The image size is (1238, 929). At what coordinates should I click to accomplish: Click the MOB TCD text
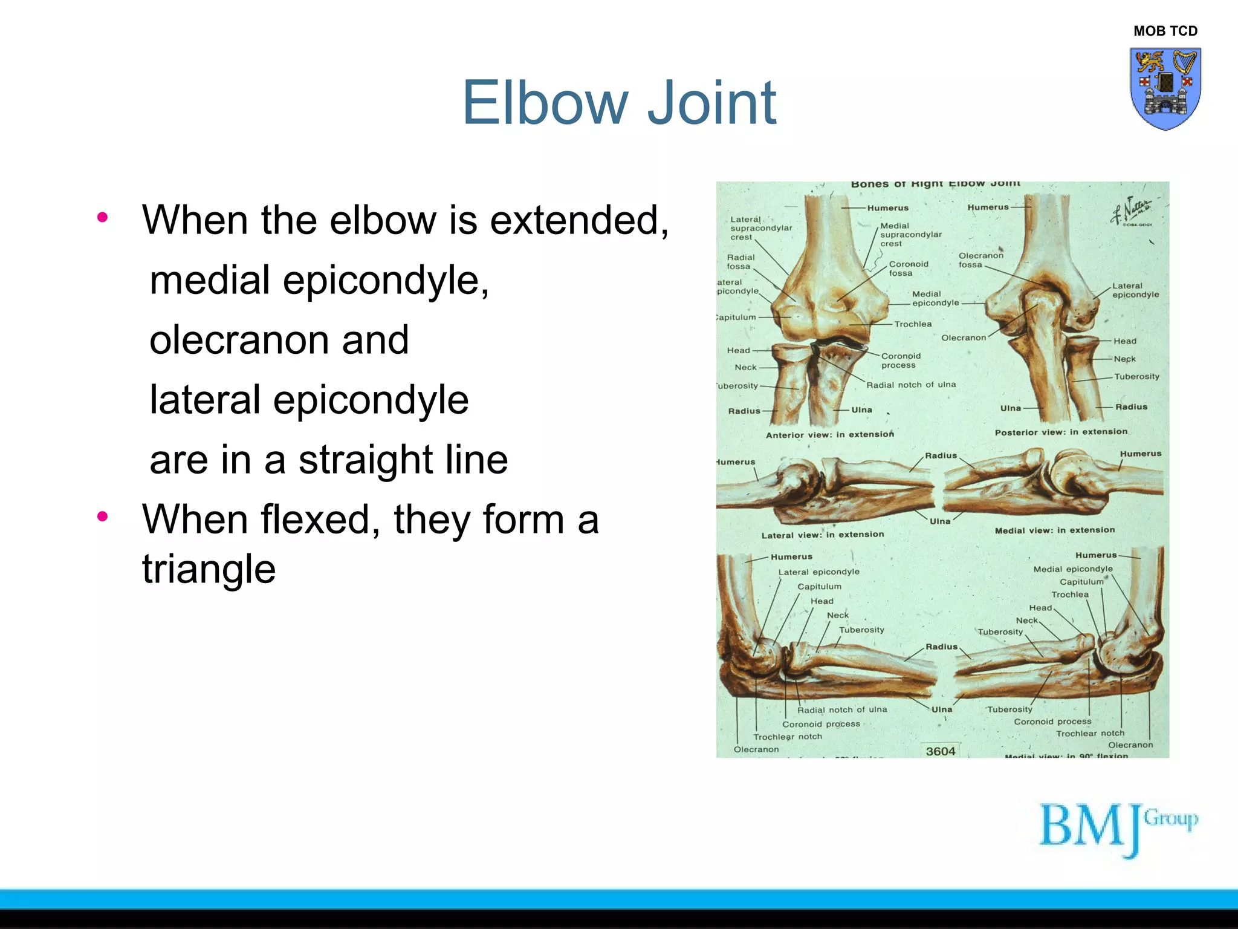(x=1165, y=31)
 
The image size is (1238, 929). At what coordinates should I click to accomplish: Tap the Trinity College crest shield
(x=1165, y=88)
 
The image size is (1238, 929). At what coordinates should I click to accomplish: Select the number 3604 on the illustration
(x=941, y=751)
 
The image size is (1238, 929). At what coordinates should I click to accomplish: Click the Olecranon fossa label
(x=980, y=260)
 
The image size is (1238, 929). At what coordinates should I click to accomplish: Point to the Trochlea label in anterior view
(x=913, y=324)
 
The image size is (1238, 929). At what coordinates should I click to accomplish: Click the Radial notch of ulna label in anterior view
(x=911, y=385)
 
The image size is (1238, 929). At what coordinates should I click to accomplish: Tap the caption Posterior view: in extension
(x=1061, y=432)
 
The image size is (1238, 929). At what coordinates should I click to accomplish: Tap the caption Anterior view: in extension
(x=829, y=434)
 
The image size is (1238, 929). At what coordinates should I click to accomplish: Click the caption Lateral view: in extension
(x=822, y=535)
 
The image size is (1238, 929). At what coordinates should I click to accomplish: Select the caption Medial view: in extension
(x=1055, y=530)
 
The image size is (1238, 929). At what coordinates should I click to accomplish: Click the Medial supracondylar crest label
(x=910, y=235)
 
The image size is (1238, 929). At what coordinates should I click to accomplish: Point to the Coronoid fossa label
(x=908, y=269)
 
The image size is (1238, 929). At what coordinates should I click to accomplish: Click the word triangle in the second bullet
(x=209, y=570)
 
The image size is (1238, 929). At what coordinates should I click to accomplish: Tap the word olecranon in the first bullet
(x=279, y=340)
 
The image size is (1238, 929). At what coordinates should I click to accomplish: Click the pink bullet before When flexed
(x=102, y=517)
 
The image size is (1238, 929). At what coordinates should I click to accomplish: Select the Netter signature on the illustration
(x=1130, y=212)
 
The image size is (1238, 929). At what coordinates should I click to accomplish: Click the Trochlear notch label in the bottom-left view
(x=787, y=737)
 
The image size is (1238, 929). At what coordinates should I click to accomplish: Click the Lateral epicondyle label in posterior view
(x=1135, y=290)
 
